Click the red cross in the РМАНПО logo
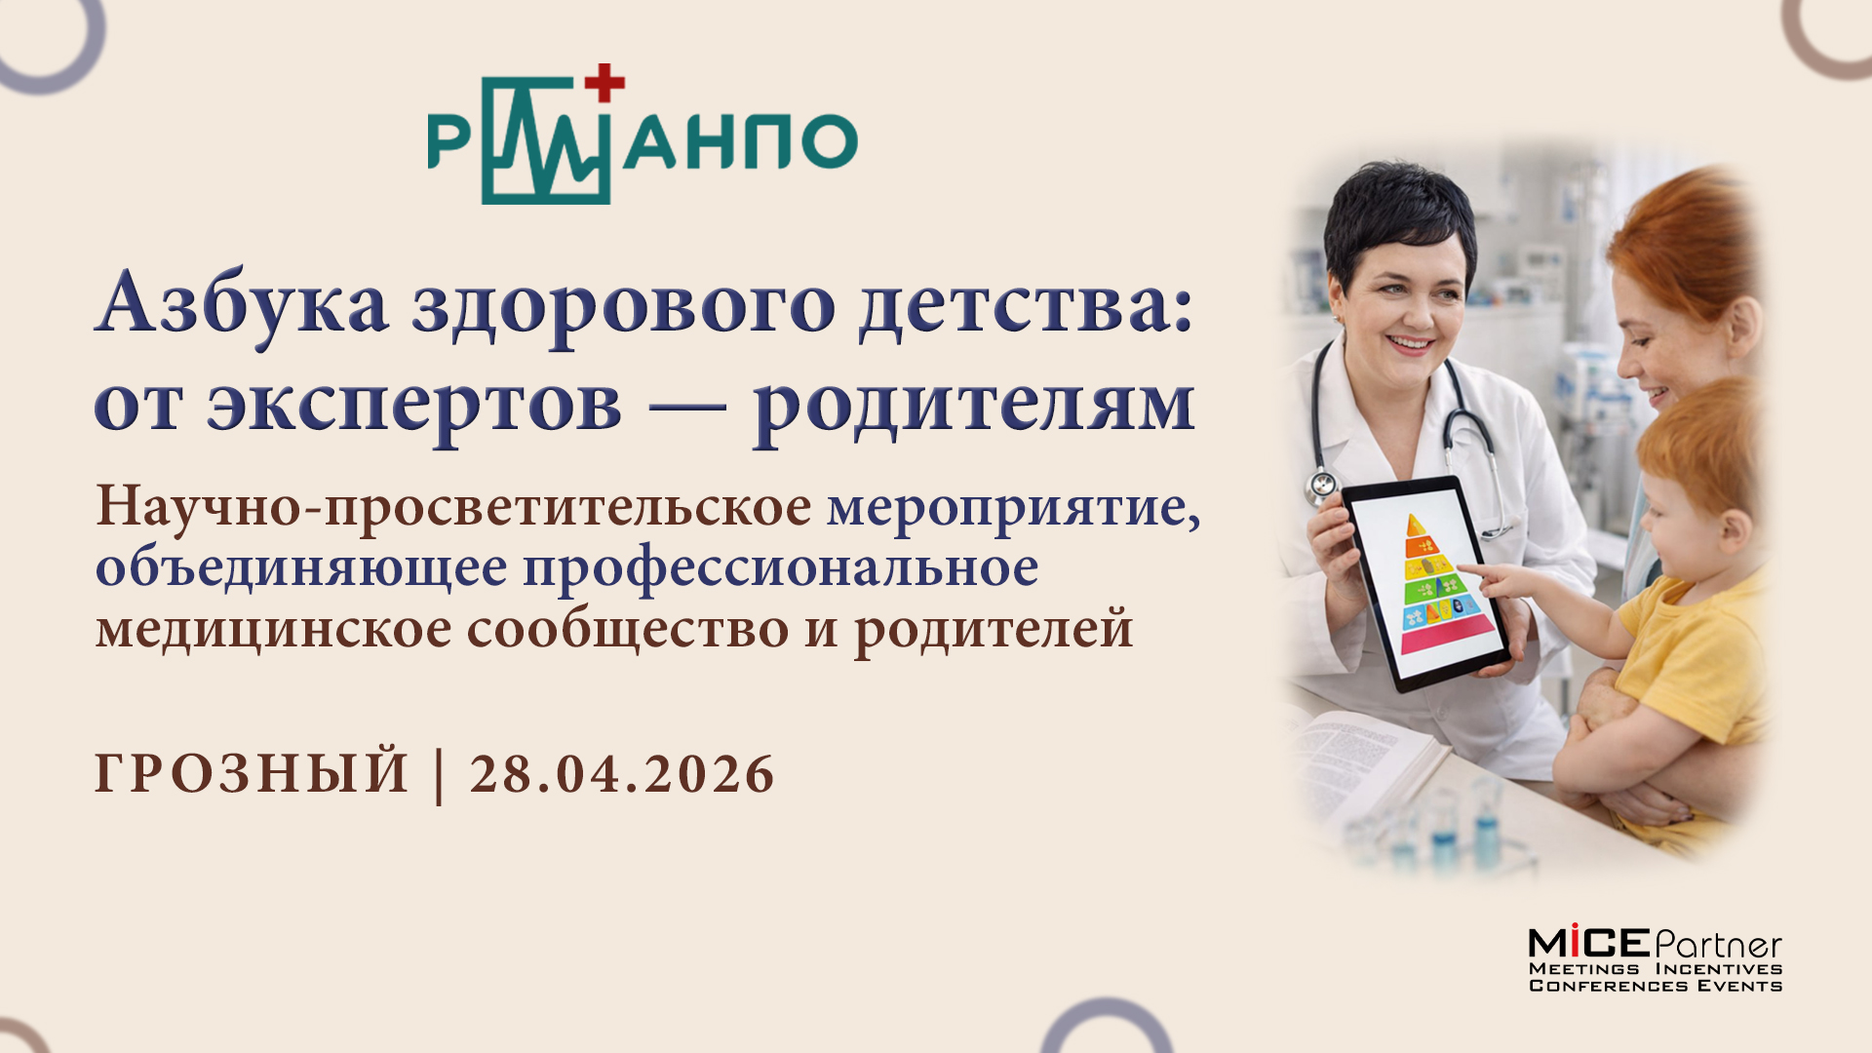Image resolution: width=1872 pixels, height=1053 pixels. click(x=604, y=83)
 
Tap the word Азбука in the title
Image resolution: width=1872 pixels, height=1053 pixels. click(x=241, y=304)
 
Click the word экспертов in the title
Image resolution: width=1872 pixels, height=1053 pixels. click(x=413, y=404)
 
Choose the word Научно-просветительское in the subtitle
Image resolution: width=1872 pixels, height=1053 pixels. click(x=453, y=507)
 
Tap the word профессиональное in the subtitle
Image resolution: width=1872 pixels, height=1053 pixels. click(x=780, y=568)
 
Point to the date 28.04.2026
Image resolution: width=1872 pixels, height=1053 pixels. click(x=622, y=774)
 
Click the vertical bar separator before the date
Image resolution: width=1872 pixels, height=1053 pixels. click(x=439, y=774)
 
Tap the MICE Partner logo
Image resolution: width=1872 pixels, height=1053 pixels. click(x=1655, y=959)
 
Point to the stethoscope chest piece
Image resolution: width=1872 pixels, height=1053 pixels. click(x=1322, y=484)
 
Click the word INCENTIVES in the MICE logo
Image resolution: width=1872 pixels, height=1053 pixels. click(x=1718, y=969)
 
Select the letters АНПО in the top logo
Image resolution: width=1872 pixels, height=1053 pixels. click(x=741, y=141)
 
